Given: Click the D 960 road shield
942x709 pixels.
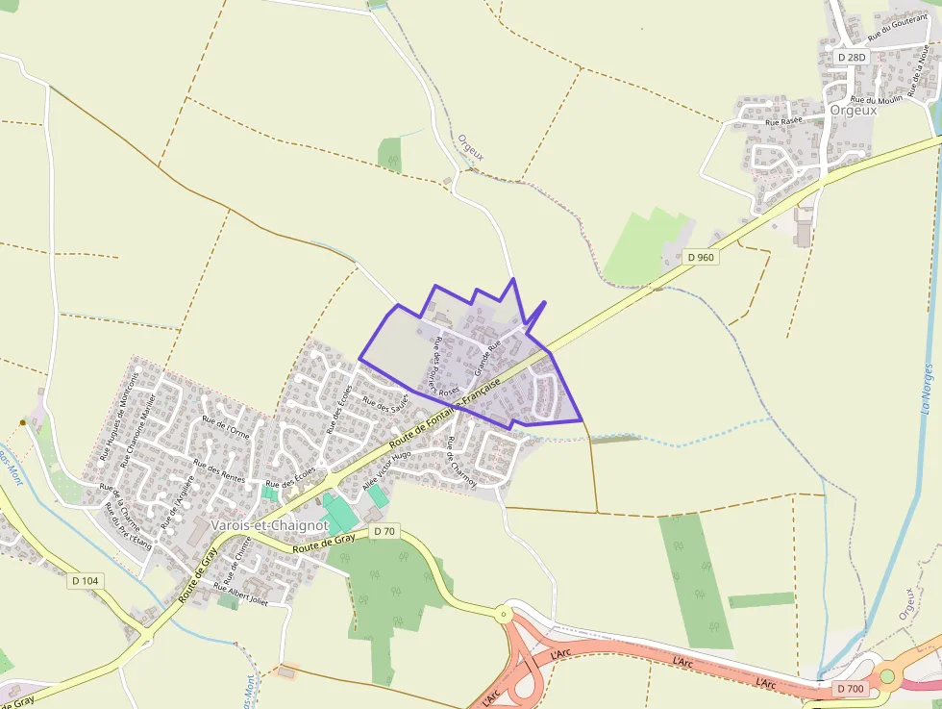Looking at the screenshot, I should pyautogui.click(x=701, y=257).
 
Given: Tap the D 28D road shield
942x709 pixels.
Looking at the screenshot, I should pyautogui.click(x=852, y=57).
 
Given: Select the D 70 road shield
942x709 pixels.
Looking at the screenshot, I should pyautogui.click(x=384, y=531).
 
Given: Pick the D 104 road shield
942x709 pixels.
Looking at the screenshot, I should pyautogui.click(x=85, y=580).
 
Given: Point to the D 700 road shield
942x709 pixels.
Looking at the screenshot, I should pyautogui.click(x=851, y=689).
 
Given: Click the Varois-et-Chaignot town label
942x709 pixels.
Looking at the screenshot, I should pyautogui.click(x=269, y=526).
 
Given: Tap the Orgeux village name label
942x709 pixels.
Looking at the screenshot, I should pyautogui.click(x=854, y=110).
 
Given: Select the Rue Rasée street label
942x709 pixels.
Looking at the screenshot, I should pyautogui.click(x=783, y=122).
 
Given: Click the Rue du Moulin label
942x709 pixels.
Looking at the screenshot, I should pyautogui.click(x=876, y=100).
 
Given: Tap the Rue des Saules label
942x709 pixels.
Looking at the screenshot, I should pyautogui.click(x=385, y=402).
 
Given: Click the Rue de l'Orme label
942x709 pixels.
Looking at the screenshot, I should pyautogui.click(x=226, y=428).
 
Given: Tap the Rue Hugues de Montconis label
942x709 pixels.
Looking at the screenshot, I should pyautogui.click(x=119, y=415).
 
